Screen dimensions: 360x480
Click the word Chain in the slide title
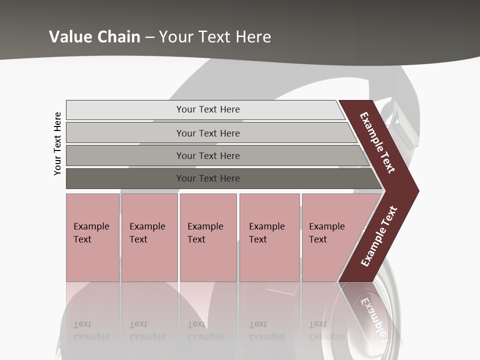tap(116, 36)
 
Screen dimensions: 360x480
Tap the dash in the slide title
tap(149, 37)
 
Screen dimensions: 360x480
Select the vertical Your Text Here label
tap(57, 143)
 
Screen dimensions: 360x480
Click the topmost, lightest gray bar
tap(207, 109)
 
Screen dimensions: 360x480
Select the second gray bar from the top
tap(207, 133)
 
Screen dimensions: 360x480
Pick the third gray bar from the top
tap(207, 155)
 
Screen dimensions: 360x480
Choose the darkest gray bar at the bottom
tap(207, 178)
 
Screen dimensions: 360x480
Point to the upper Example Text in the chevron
tap(377, 142)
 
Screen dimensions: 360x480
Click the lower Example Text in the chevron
tap(379, 236)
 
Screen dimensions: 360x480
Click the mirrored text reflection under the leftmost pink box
tap(91, 330)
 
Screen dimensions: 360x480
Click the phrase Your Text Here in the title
tap(215, 36)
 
